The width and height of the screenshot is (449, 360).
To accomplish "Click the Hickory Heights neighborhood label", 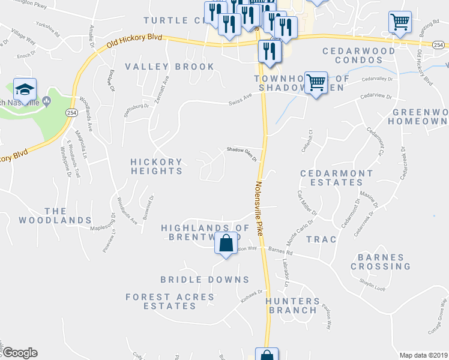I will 157,166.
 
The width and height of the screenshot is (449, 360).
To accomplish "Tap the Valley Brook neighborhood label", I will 169,67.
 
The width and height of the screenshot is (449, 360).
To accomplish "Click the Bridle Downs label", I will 205,280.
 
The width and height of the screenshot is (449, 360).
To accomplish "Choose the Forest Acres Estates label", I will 170,301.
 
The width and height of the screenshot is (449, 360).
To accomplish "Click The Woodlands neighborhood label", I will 55,215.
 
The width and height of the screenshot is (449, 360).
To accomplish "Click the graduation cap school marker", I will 25,89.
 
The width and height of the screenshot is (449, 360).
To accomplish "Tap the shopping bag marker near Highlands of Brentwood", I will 226,244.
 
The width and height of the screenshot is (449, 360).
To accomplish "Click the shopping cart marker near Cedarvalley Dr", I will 316,82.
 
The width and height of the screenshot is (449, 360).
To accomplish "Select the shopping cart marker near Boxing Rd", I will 400,23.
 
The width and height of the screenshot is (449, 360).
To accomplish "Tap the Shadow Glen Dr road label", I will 241,155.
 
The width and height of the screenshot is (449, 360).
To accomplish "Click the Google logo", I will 20,353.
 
